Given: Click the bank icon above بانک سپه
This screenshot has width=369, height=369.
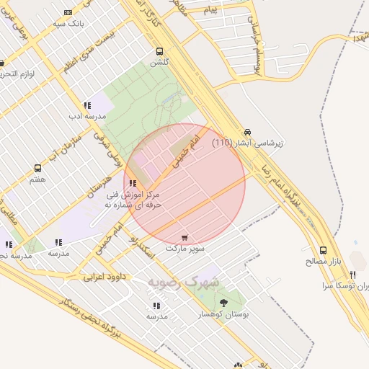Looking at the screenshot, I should [x=68, y=12].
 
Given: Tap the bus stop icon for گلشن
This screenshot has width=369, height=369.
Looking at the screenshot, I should [x=159, y=51].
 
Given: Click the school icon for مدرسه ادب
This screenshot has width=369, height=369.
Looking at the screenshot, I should [x=88, y=105].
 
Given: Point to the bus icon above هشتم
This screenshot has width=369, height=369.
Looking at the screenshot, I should [x=37, y=168].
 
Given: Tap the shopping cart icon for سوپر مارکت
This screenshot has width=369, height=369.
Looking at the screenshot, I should [x=185, y=236].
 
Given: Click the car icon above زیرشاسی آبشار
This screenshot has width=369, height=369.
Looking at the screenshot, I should [x=248, y=131].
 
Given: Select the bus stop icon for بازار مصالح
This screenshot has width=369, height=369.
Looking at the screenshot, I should [x=324, y=249].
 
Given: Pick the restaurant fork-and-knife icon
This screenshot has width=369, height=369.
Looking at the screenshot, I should [x=352, y=274].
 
